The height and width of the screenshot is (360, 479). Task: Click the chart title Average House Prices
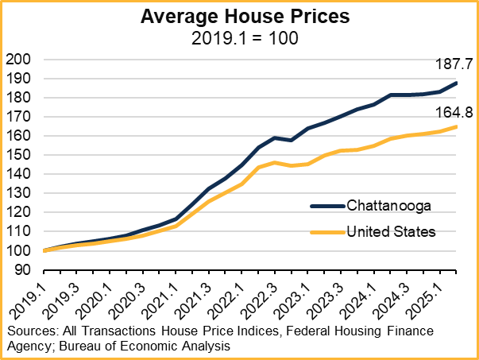coord(239,17)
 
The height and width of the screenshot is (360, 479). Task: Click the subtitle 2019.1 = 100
coord(239,38)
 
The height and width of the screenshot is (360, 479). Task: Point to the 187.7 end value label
coord(453,64)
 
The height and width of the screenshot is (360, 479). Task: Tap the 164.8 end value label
coord(453,112)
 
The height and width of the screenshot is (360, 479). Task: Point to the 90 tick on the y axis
coord(21,270)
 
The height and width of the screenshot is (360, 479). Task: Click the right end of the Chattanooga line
coord(455,83)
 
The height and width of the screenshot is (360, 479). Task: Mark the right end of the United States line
coord(455,126)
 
